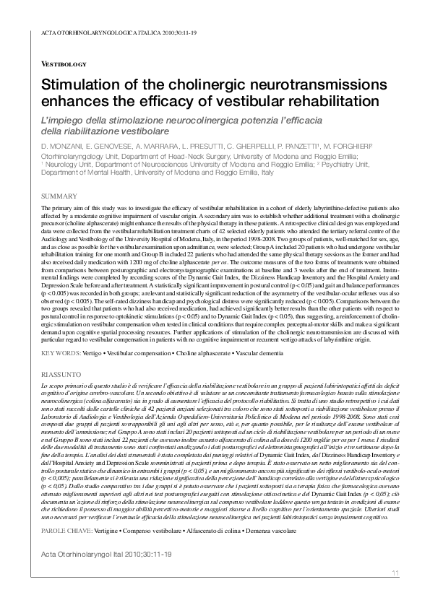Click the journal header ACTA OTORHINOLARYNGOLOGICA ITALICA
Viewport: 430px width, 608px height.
pyautogui.click(x=87, y=33)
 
